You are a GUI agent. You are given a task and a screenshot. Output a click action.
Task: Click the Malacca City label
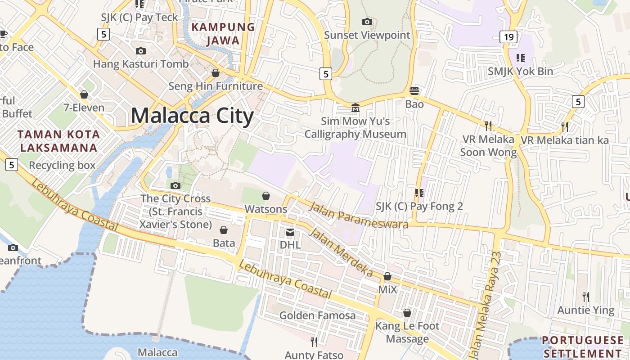pos(192,116)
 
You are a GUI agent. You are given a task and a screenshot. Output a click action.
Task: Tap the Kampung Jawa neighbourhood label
pos(223,34)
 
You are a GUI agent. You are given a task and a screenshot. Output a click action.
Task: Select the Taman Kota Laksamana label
pos(58,141)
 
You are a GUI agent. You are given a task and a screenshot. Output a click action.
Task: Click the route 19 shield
pos(508,37)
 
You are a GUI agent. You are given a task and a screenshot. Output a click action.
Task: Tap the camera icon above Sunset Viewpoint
pos(367,22)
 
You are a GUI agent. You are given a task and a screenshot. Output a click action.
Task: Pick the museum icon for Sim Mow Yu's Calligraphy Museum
pos(355,108)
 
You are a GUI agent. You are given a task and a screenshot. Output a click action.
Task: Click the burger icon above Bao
pos(414,91)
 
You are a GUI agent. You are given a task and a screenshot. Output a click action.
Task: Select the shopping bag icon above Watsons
pos(266,196)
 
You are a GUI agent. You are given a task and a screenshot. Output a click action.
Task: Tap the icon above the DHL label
pos(290,232)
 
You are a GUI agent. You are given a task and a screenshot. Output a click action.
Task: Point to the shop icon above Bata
pos(224,229)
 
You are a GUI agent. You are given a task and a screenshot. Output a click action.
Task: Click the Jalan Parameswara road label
pos(359,216)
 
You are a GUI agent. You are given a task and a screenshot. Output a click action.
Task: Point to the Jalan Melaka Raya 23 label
pos(486,306)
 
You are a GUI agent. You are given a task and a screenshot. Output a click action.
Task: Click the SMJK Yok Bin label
pos(521,71)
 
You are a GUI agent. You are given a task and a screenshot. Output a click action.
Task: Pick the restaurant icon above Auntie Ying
pos(585,297)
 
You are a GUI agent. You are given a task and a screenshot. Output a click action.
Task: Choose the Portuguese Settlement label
pos(583,346)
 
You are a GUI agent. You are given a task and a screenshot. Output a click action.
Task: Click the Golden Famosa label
pos(317,315)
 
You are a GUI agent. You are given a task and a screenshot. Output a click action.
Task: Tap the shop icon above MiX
pos(387,276)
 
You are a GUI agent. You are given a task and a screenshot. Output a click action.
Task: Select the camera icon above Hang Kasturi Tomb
pos(141,51)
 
